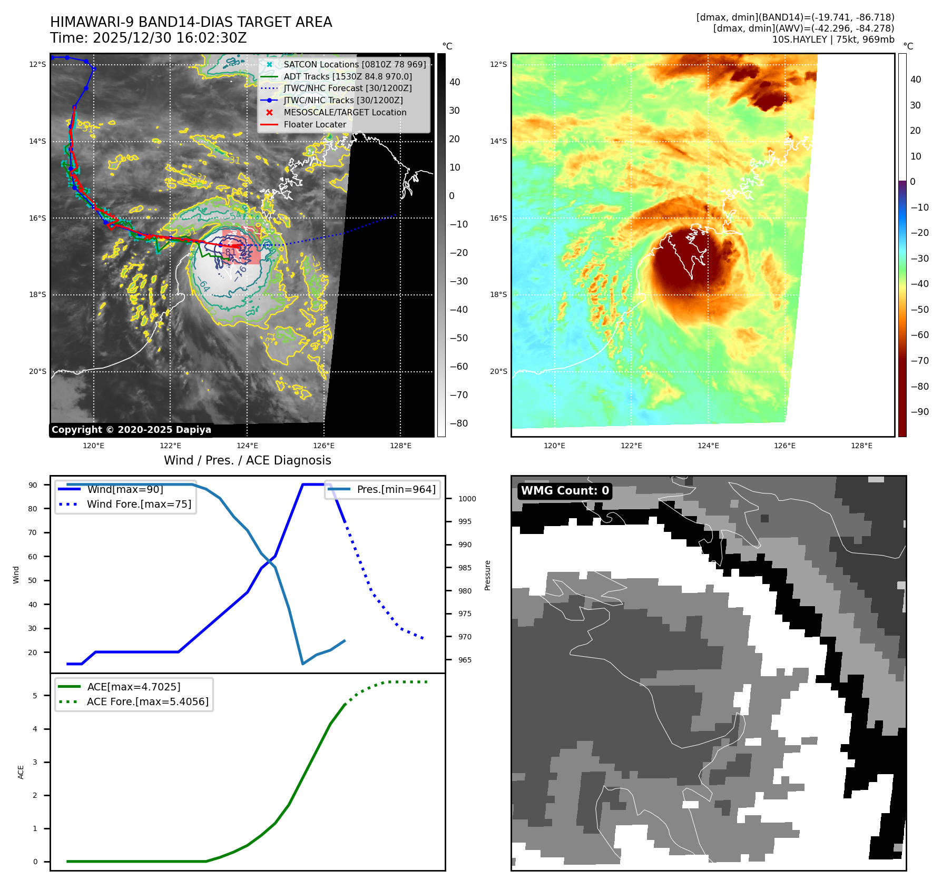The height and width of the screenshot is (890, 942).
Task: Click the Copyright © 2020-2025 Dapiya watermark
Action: click(x=131, y=430)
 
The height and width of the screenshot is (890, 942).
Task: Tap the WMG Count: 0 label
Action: click(x=565, y=491)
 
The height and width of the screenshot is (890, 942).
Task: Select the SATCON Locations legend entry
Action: click(x=354, y=64)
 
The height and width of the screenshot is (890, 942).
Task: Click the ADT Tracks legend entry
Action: click(x=347, y=76)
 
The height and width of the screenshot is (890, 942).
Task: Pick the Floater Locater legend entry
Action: click(x=315, y=125)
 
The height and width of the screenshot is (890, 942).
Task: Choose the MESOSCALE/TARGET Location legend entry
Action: click(x=345, y=113)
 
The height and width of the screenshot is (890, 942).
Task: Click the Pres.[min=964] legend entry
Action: click(x=396, y=490)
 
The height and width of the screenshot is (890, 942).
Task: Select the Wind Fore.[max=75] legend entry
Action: click(x=139, y=505)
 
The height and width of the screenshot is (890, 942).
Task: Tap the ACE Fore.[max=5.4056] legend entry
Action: click(x=147, y=702)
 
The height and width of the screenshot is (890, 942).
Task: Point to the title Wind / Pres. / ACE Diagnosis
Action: click(x=247, y=461)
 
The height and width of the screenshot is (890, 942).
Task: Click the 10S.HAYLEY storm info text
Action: click(x=833, y=39)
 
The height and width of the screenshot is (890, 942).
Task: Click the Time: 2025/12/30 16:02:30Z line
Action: click(x=148, y=38)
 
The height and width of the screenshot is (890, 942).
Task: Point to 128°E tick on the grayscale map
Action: click(x=400, y=446)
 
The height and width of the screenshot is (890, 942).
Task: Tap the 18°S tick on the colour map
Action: click(x=498, y=295)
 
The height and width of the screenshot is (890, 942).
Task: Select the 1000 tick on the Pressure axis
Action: click(x=467, y=499)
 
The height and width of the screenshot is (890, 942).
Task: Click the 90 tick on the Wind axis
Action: click(x=33, y=485)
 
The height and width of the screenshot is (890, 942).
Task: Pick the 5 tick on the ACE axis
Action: click(x=35, y=696)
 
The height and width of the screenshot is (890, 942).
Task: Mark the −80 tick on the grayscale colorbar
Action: click(x=459, y=423)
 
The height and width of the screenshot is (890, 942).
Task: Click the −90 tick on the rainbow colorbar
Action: click(x=920, y=412)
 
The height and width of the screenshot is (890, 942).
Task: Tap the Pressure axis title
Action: click(x=488, y=575)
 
